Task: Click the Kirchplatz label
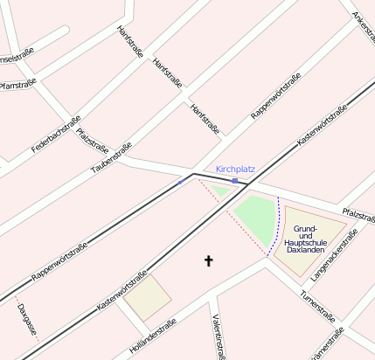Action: click(x=235, y=169)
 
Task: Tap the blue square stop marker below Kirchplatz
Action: click(x=234, y=180)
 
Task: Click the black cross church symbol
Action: click(x=208, y=260)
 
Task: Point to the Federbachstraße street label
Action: click(x=56, y=134)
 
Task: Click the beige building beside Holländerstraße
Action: click(x=147, y=297)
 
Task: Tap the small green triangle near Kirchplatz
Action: click(x=219, y=190)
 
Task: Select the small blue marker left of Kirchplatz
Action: click(x=180, y=182)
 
